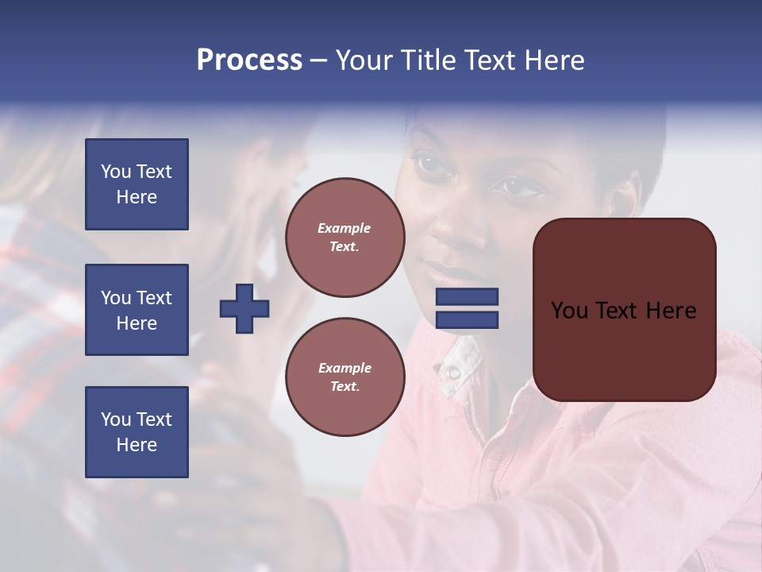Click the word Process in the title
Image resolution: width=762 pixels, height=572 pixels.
point(249,60)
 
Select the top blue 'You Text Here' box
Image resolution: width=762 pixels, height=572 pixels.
point(137,184)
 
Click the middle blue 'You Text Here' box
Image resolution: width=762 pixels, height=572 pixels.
point(137,310)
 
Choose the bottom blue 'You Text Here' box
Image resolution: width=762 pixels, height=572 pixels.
point(137,432)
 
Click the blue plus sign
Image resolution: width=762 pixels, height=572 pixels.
point(244,308)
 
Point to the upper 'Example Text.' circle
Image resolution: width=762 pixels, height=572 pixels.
point(345,238)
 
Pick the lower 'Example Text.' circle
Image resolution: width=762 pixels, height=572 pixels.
point(345,377)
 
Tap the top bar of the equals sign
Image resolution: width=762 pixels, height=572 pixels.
point(467,297)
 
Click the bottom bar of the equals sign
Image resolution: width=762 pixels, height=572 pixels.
point(467,319)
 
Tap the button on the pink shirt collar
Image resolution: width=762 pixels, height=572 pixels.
point(453,371)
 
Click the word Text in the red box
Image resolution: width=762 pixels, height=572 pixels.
point(617,311)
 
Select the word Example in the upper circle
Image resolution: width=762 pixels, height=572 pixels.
point(344,228)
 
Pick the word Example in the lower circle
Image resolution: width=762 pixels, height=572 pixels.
point(344,368)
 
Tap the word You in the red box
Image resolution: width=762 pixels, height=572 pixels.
point(569,311)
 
